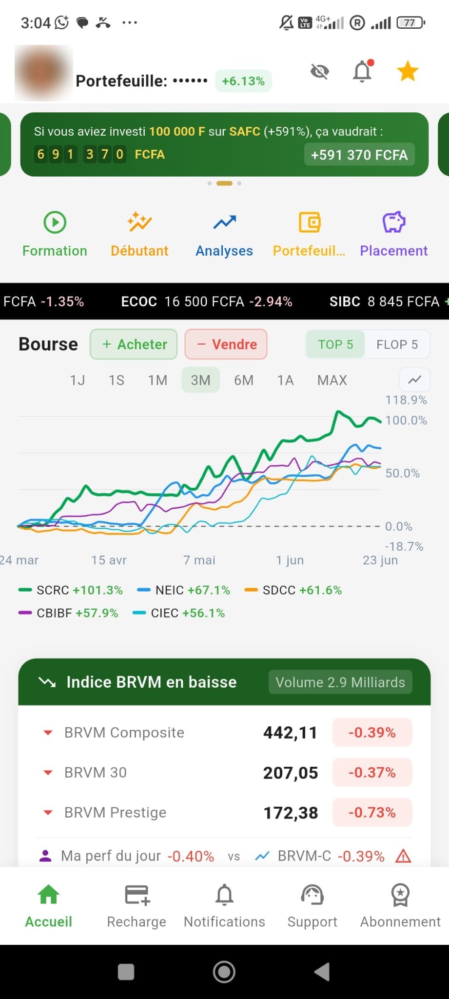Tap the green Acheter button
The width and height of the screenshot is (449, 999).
click(x=134, y=344)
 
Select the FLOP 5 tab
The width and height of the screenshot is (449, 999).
click(x=397, y=344)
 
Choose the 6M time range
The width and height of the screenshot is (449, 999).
click(x=244, y=380)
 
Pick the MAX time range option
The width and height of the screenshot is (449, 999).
click(x=332, y=380)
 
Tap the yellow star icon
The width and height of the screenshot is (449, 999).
click(x=408, y=71)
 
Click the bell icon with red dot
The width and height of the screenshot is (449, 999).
click(x=363, y=71)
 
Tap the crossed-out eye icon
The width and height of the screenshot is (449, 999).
click(x=320, y=72)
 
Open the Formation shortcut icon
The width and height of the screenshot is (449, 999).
click(x=55, y=222)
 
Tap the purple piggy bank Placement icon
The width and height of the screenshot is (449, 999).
click(x=394, y=222)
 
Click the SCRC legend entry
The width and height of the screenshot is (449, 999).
click(x=70, y=590)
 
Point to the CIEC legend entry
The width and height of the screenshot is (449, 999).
click(x=179, y=613)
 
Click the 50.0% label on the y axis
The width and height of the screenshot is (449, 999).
click(x=402, y=473)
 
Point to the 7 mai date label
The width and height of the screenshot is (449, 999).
click(x=199, y=560)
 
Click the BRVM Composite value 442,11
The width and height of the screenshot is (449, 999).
click(x=291, y=733)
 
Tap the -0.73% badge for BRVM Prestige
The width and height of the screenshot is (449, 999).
click(x=372, y=813)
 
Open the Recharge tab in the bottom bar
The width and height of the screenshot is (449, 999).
click(x=137, y=906)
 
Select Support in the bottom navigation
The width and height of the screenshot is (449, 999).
click(x=312, y=906)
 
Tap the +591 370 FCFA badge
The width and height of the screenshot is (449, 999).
click(x=359, y=155)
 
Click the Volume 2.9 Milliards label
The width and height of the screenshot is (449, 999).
click(x=340, y=682)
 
